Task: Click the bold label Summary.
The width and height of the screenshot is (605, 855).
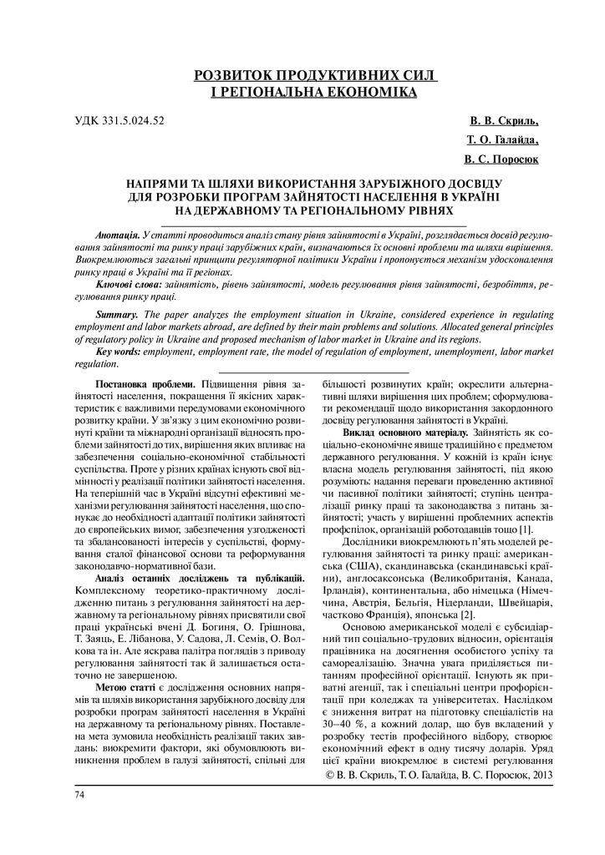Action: (x=117, y=315)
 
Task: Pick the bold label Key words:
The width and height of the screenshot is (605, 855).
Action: (x=119, y=352)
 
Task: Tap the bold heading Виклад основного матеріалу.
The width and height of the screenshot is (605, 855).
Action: (x=405, y=434)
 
